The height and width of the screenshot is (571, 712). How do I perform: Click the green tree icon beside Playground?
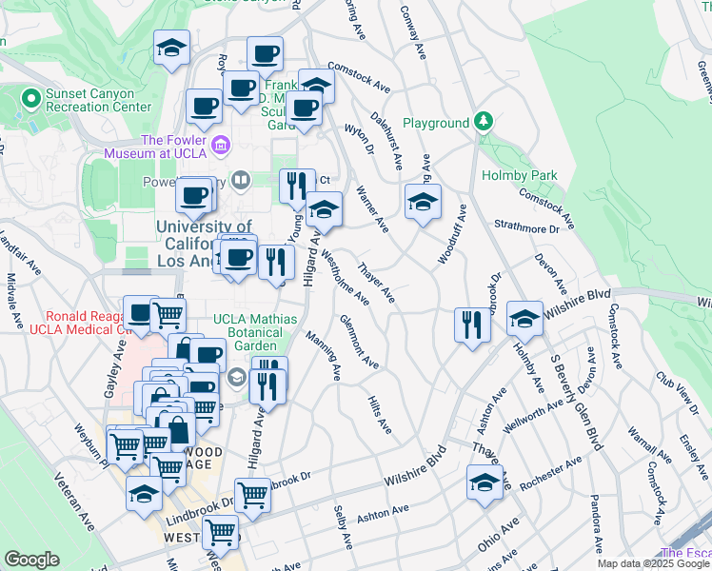click(485, 123)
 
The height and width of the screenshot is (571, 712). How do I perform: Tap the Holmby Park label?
click(520, 175)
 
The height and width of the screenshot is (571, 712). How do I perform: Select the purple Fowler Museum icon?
click(221, 146)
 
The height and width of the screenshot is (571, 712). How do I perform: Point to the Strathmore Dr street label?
click(527, 228)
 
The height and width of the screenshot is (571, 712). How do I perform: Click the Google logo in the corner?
click(31, 560)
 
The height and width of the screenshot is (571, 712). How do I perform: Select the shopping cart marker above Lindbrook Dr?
click(252, 494)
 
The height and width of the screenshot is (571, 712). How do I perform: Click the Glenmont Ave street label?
click(359, 343)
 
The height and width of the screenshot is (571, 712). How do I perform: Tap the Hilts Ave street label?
click(380, 416)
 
